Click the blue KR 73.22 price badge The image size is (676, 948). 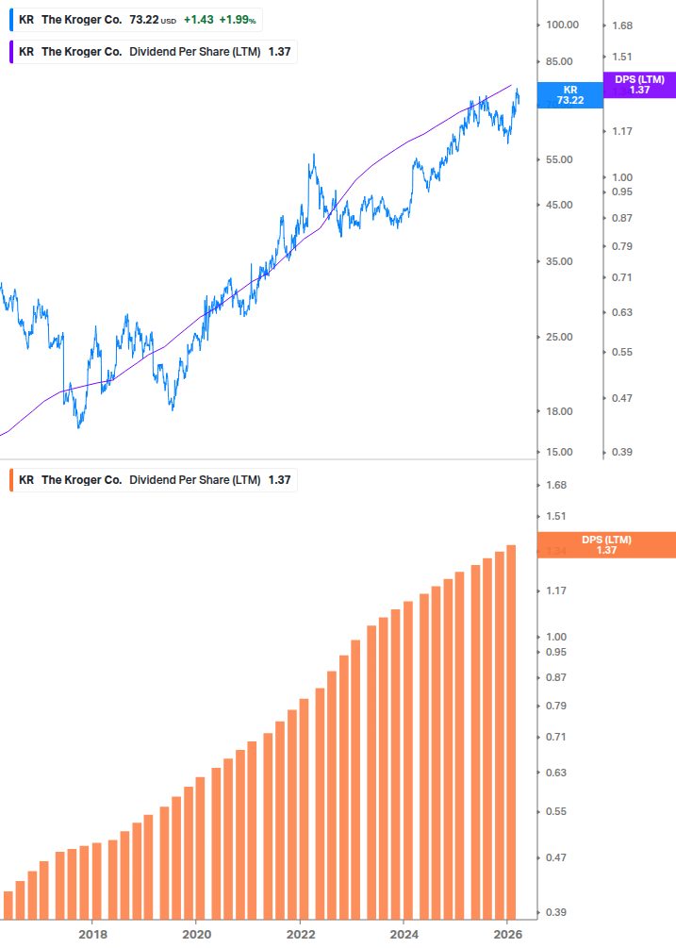tap(569, 94)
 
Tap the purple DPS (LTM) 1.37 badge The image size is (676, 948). tap(639, 85)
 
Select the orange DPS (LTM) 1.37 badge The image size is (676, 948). tap(605, 545)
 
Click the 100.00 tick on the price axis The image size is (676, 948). tap(562, 25)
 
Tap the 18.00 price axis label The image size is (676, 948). tap(560, 411)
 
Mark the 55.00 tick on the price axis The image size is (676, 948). tap(560, 159)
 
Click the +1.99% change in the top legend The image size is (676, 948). tap(238, 19)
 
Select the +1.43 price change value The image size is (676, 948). tap(198, 19)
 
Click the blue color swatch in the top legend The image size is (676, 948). tap(11, 19)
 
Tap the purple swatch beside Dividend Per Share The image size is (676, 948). tap(11, 52)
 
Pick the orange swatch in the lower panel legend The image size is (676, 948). tap(11, 480)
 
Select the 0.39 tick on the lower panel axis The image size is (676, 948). tap(556, 913)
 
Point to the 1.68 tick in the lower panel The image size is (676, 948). tap(556, 485)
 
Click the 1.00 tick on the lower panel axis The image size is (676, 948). tap(556, 637)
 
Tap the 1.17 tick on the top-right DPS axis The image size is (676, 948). tap(622, 131)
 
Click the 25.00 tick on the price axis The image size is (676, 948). tap(560, 337)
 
